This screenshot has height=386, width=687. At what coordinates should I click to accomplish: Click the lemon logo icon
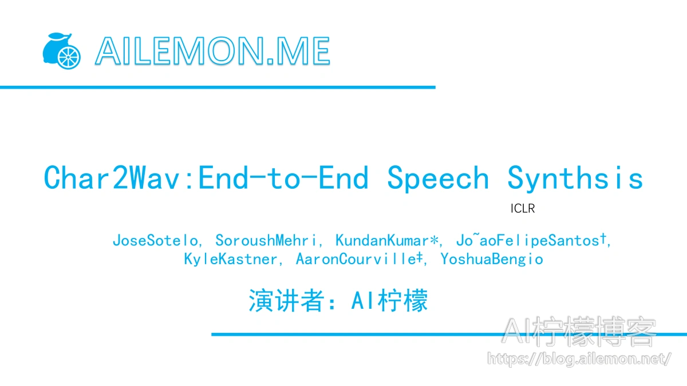click(62, 51)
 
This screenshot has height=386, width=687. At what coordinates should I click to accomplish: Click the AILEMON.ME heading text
click(212, 51)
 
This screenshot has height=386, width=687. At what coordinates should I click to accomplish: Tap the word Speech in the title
click(438, 178)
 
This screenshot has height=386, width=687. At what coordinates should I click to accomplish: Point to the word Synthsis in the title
click(575, 178)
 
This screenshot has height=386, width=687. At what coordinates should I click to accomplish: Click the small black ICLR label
click(523, 209)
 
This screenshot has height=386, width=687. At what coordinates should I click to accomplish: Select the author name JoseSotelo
click(155, 241)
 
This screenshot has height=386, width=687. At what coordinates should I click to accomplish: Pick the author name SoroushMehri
click(266, 241)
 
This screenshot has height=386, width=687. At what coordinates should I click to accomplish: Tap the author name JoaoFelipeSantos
click(527, 241)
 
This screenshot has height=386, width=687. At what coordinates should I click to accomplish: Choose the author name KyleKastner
click(231, 259)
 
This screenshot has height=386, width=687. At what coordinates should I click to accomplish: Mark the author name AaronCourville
click(356, 259)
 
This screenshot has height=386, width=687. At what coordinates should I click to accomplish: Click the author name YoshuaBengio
click(492, 260)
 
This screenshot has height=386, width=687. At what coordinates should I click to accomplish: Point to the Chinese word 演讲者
click(286, 301)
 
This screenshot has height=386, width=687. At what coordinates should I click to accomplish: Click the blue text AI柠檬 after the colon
click(389, 301)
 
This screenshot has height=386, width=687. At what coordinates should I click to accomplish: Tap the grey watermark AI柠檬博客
click(579, 332)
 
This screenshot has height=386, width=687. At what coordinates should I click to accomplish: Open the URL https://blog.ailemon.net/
click(579, 359)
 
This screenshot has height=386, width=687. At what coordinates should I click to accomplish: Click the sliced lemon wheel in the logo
click(69, 57)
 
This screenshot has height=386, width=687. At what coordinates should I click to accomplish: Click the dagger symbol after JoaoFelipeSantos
click(603, 238)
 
